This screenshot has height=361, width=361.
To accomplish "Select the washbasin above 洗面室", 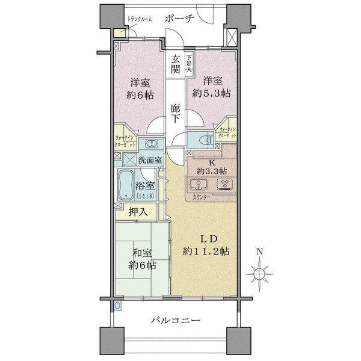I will pos(147,144).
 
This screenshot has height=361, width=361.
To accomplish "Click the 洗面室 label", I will pos(149,161).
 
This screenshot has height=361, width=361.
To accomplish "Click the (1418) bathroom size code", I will pos(145,196).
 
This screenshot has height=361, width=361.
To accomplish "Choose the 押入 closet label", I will pos(137,212).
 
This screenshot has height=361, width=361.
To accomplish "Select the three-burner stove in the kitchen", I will pos(226,184).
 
